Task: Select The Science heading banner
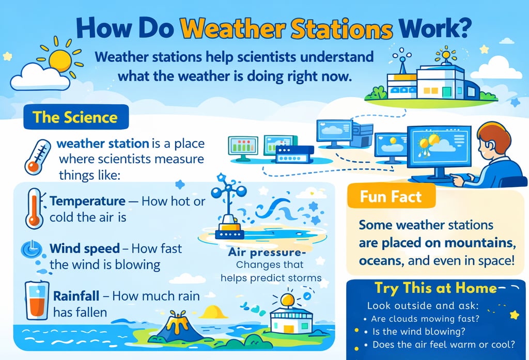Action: [76, 117]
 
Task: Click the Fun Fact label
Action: [391, 196]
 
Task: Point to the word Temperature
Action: [87, 201]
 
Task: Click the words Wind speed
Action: [84, 248]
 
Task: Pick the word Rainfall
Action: [76, 296]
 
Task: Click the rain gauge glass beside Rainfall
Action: [37, 300]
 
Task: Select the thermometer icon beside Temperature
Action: [35, 208]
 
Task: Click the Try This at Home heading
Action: [435, 288]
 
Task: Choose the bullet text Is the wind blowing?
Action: [418, 331]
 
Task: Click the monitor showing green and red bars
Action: [243, 148]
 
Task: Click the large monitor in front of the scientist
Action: [439, 147]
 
